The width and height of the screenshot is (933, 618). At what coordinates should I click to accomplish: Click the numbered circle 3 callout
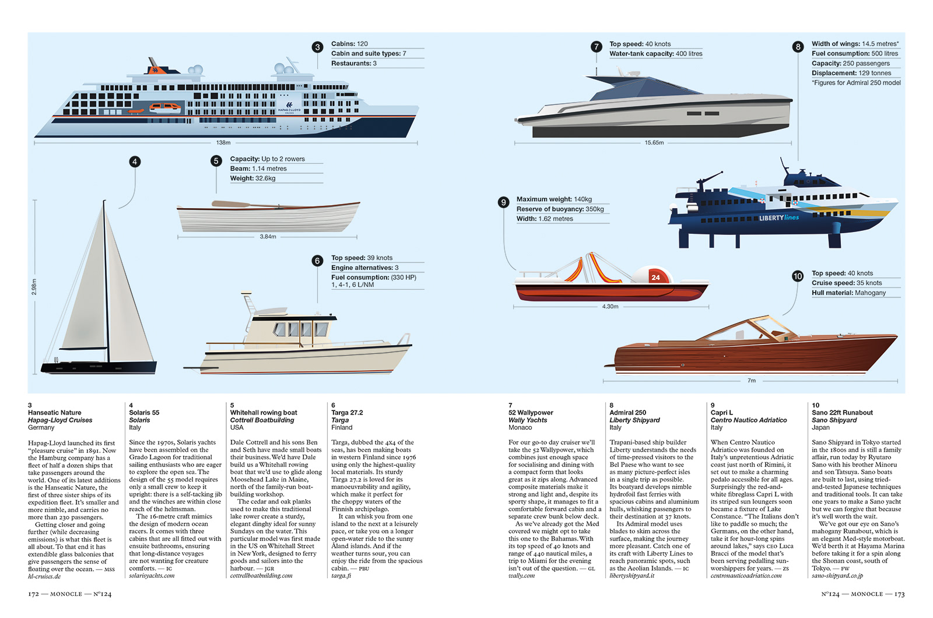coord(317,47)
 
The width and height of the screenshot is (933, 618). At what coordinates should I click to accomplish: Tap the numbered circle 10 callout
coord(798,276)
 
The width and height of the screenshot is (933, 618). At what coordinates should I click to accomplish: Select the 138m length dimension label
coord(223,142)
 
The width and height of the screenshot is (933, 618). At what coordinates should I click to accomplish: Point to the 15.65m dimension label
coord(654,142)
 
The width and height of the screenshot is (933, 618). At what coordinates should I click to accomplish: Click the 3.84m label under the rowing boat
coord(268,237)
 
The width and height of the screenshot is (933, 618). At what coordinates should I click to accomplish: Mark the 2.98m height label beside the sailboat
coord(34,286)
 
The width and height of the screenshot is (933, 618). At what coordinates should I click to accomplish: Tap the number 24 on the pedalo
coord(655,278)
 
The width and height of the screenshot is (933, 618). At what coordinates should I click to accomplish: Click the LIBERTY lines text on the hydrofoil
coord(778,218)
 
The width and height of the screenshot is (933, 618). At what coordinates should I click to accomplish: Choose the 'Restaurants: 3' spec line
coord(354,64)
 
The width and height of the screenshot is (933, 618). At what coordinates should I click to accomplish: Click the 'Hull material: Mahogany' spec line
coord(848,293)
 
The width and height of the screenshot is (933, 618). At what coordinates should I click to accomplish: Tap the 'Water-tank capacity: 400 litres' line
coord(655,54)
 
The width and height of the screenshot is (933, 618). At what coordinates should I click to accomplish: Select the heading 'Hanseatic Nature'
coord(55,412)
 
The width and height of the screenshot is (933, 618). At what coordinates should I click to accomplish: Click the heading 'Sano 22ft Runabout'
coord(842,412)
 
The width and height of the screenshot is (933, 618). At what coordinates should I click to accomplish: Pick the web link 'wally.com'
coord(521,575)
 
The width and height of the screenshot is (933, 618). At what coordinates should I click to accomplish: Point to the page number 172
coord(33,594)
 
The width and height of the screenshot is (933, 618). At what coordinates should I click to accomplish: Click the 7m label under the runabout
coord(752,381)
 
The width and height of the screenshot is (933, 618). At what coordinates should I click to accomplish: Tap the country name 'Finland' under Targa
coord(342,427)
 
